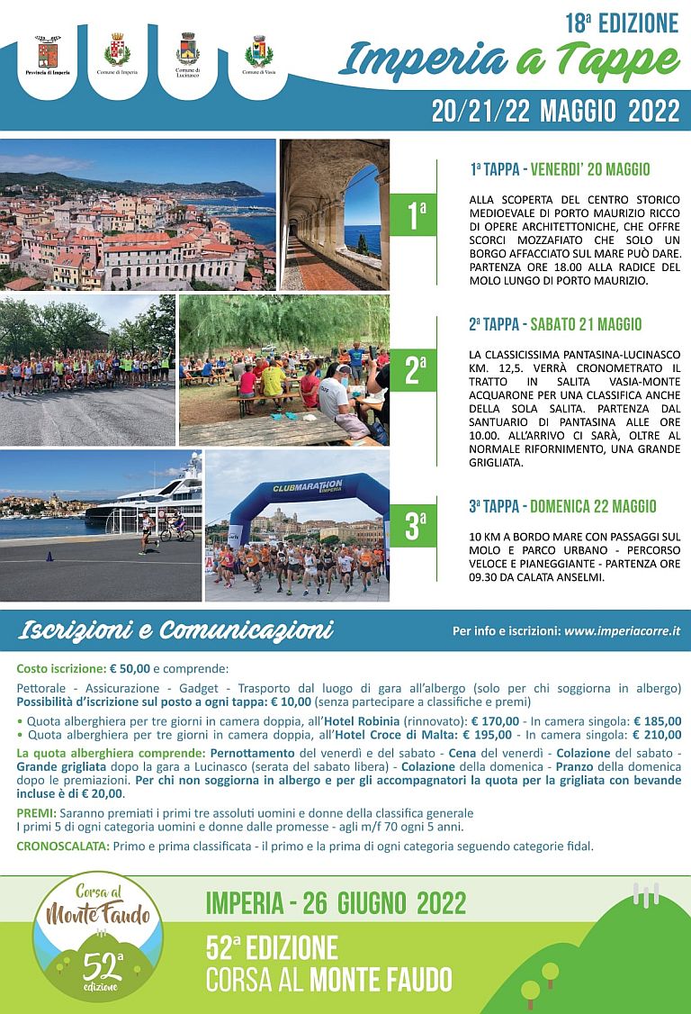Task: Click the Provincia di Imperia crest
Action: (48, 50)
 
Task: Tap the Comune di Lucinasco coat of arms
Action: (188, 49)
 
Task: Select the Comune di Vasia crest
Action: (259, 50)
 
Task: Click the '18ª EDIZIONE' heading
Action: (622, 22)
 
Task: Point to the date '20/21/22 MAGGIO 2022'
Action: (554, 111)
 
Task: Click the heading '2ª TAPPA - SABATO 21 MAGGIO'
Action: (555, 324)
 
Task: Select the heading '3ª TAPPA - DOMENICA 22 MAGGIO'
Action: (562, 506)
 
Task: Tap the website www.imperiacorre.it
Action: (621, 631)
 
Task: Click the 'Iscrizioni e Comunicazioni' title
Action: (176, 630)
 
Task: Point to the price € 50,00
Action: (129, 669)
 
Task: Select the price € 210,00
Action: (657, 734)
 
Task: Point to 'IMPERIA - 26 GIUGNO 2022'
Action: (337, 902)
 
